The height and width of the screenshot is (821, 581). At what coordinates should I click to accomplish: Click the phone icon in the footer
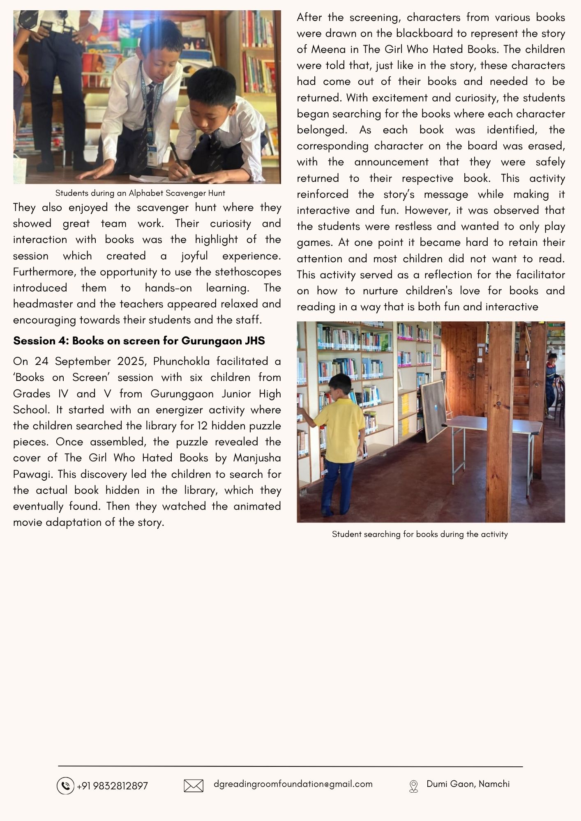[x=65, y=786]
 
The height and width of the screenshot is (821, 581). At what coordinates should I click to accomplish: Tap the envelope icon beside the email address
[x=194, y=786]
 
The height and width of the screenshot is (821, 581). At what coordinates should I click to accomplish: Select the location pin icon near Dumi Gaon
[x=413, y=786]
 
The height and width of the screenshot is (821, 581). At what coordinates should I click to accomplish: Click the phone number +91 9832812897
[x=112, y=786]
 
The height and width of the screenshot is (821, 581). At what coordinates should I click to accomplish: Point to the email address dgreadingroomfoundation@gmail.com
[x=293, y=784]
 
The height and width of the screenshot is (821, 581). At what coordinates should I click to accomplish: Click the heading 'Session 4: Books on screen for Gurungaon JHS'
[x=139, y=341]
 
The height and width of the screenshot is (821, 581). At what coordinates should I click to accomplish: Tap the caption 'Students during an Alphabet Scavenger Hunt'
[x=140, y=193]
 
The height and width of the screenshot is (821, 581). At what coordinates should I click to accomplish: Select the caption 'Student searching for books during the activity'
[x=420, y=534]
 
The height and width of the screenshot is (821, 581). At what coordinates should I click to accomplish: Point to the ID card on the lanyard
[x=152, y=156]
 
